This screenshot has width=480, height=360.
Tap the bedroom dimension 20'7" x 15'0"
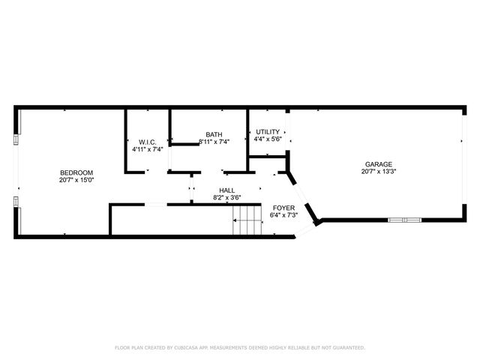coord(76,180)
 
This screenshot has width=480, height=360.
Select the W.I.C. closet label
coord(147,142)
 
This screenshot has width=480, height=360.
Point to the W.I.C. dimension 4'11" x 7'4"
coord(147,149)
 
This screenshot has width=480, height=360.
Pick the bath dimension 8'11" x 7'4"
coord(213,141)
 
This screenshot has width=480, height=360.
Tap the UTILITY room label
coord(268,131)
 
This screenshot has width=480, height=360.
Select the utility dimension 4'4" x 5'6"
coord(268,139)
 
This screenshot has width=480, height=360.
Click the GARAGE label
coord(378,164)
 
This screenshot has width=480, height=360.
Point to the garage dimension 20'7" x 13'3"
coord(378,172)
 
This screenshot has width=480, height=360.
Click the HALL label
coord(226,190)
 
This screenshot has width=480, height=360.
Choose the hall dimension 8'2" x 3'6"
coord(226,198)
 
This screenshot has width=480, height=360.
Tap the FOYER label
coord(283,208)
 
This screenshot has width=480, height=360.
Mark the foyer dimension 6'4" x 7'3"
coord(283,215)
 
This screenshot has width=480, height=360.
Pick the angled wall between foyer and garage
coord(304,197)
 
